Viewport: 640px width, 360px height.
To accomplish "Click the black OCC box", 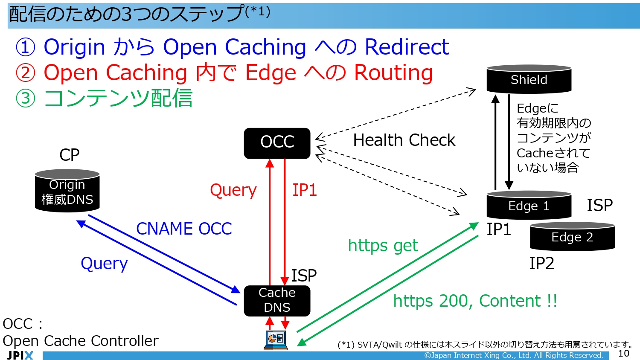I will click(277, 143).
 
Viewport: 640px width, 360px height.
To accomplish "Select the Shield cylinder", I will click(529, 79).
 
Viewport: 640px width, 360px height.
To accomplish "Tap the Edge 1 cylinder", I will click(529, 206).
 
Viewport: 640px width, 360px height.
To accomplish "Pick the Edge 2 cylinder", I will click(572, 237).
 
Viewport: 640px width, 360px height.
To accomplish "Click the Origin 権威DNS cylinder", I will click(67, 192).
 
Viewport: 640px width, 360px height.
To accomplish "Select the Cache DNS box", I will click(277, 300).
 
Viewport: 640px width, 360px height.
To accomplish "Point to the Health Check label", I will click(404, 140).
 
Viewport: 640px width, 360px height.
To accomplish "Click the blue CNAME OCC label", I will click(184, 229).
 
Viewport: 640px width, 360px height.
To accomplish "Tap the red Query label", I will click(233, 190).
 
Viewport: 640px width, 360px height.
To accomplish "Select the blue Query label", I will click(104, 264).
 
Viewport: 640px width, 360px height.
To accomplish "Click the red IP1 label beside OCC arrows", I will click(304, 190).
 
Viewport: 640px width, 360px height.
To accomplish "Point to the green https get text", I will click(383, 246).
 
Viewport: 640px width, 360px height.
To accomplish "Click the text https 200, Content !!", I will click(475, 301).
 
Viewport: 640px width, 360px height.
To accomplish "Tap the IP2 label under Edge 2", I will click(541, 264).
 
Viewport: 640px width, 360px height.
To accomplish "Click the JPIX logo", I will click(20, 355).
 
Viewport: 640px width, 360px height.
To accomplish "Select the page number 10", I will click(623, 353).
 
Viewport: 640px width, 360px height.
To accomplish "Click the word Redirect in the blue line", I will click(407, 47).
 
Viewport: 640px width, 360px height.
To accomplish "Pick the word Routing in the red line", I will click(393, 73).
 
